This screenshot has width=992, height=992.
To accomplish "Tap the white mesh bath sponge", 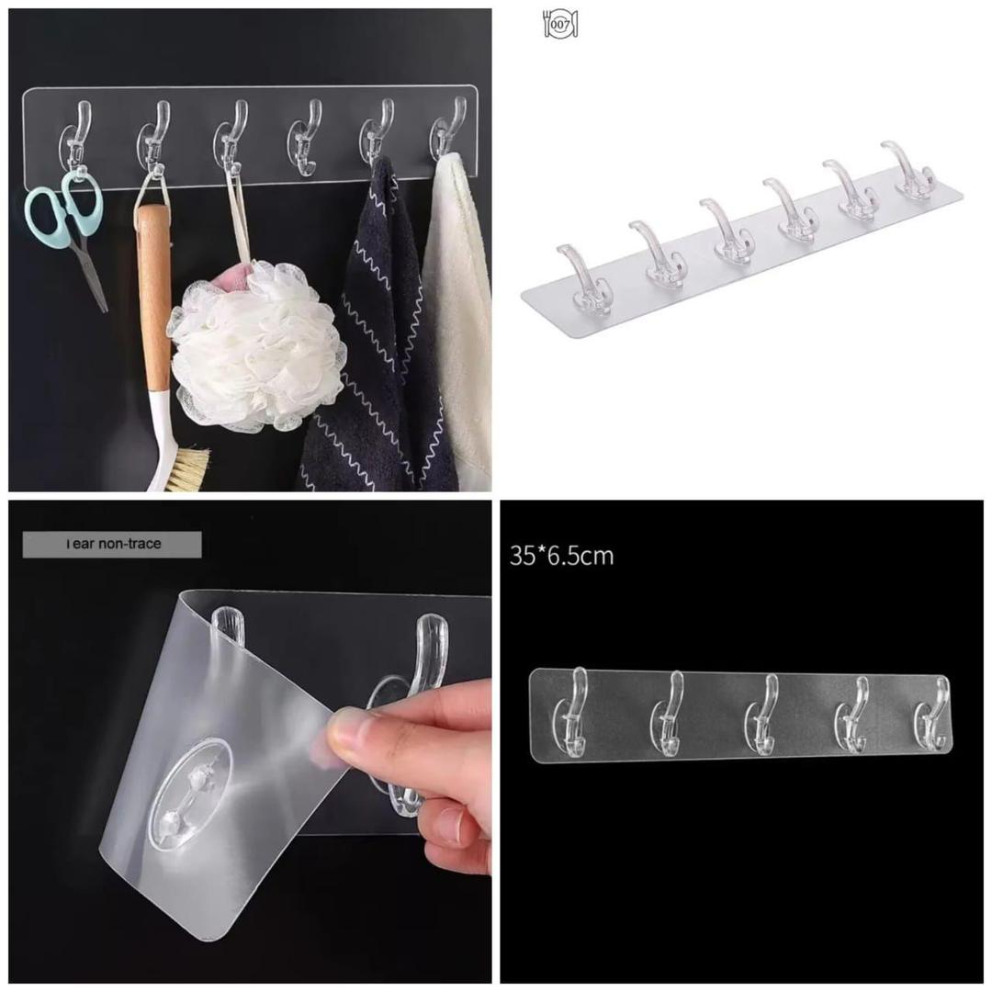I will pyautogui.click(x=257, y=344).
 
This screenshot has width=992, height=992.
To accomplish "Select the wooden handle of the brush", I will pyautogui.click(x=153, y=294).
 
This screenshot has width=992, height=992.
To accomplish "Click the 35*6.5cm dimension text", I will pyautogui.click(x=561, y=556).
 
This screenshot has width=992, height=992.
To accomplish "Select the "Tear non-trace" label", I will pyautogui.click(x=112, y=544).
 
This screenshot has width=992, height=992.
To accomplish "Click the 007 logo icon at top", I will pyautogui.click(x=560, y=25).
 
